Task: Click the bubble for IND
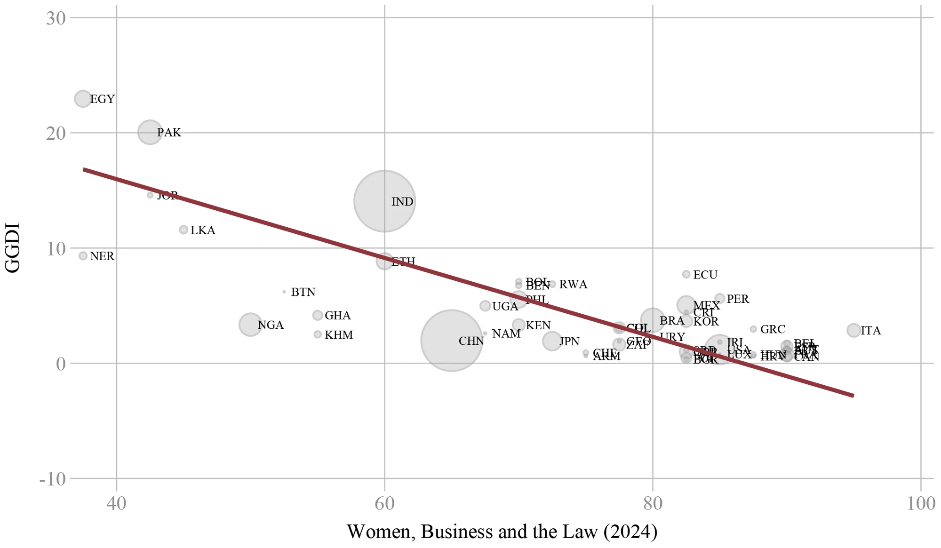tap(384, 201)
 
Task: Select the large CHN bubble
tap(451, 341)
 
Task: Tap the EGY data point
tap(83, 99)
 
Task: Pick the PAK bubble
tap(150, 132)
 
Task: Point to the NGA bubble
tap(250, 325)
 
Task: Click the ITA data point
tap(853, 330)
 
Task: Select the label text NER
tap(102, 256)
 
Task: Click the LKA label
tap(203, 230)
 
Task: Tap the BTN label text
tap(303, 292)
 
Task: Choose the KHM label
tap(339, 335)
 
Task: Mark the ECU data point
tap(686, 274)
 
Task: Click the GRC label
tap(773, 329)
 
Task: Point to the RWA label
tap(573, 285)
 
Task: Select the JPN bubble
tap(552, 341)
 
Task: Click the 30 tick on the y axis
tap(56, 18)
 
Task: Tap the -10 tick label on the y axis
tap(52, 480)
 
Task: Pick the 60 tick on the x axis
tap(384, 504)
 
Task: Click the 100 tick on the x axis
tap(921, 504)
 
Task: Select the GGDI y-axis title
tap(12, 248)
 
